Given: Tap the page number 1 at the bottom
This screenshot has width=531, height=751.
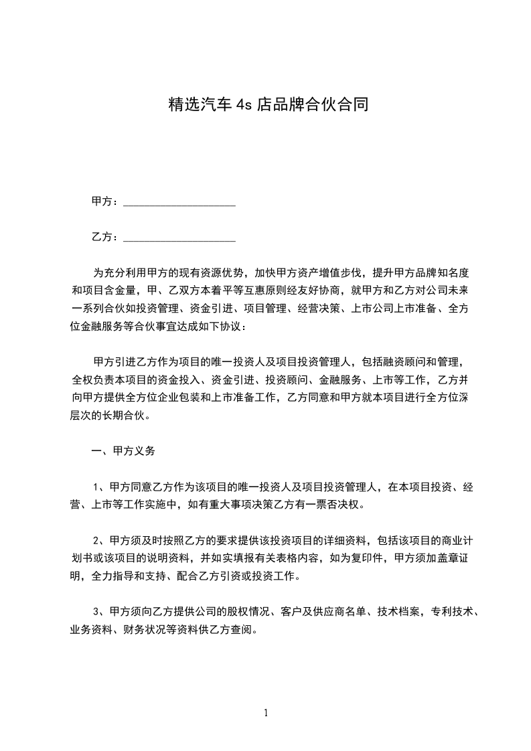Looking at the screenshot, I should point(266,714).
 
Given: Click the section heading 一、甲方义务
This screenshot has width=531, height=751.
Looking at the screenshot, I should point(123,451).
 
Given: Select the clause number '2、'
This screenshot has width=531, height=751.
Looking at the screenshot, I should point(99,540).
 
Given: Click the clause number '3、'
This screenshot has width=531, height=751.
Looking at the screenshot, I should point(99,611).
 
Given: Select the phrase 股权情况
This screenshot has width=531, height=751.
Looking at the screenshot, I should point(241,611).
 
